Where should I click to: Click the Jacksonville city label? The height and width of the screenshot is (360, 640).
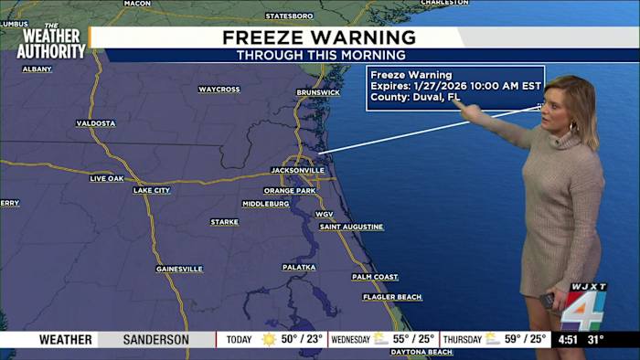pyautogui.click(x=298, y=170)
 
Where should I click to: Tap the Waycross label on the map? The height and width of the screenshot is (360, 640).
pyautogui.click(x=219, y=90)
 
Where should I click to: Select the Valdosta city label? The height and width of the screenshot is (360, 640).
pyautogui.click(x=96, y=123)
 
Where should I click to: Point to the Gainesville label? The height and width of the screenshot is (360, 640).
pyautogui.click(x=178, y=269)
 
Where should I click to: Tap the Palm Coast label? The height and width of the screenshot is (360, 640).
pyautogui.click(x=375, y=277)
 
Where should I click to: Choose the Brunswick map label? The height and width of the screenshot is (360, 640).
pyautogui.click(x=318, y=92)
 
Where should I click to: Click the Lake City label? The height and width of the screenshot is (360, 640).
pyautogui.click(x=152, y=190)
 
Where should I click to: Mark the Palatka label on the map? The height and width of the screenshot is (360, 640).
pyautogui.click(x=299, y=267)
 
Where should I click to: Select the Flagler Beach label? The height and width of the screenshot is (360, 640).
pyautogui.click(x=392, y=297)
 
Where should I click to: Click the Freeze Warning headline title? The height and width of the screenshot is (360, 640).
pyautogui.click(x=319, y=37)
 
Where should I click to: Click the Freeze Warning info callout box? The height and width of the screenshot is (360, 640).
pyautogui.click(x=454, y=87)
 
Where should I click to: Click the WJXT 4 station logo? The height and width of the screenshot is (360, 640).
pyautogui.click(x=582, y=306)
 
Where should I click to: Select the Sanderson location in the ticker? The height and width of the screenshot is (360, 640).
pyautogui.click(x=156, y=340)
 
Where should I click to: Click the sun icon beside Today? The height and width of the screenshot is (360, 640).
pyautogui.click(x=269, y=340)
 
